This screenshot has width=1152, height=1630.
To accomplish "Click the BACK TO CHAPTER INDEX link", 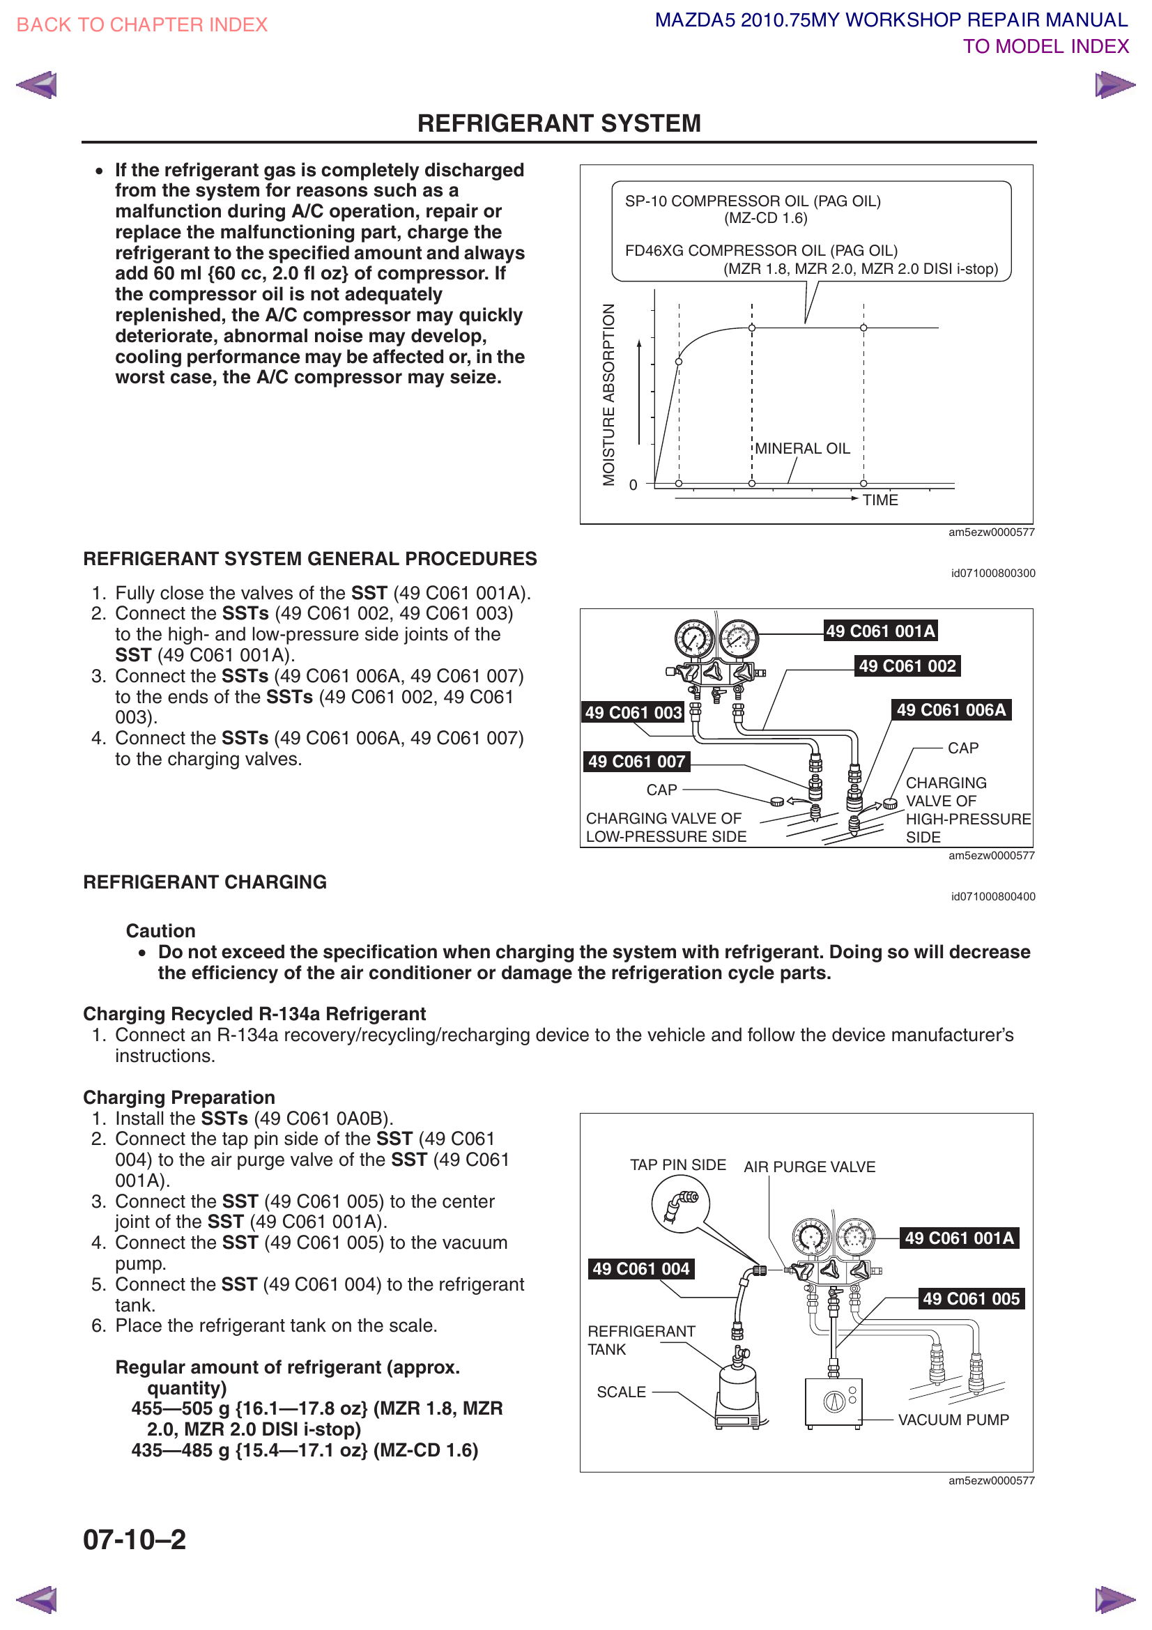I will (142, 25).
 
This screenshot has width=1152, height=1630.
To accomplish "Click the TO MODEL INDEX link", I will (1045, 47).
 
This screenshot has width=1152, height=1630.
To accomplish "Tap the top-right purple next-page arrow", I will (1114, 85).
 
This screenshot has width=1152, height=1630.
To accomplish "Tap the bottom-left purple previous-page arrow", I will (37, 1600).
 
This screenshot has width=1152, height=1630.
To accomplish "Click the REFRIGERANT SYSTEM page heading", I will (559, 123).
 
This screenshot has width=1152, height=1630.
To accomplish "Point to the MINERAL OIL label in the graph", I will (802, 449).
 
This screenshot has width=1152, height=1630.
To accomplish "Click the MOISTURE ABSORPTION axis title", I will (608, 394).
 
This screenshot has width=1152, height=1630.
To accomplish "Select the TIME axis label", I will (880, 500).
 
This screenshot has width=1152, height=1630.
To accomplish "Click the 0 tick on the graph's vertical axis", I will (633, 485).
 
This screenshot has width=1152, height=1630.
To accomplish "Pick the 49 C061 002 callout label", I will (907, 666).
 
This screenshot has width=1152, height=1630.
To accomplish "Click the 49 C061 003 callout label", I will (633, 713).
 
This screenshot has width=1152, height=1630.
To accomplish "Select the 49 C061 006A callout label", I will (951, 710).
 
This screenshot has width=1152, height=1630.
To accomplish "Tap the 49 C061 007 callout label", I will (637, 762).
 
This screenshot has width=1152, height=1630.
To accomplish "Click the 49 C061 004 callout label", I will (641, 1268).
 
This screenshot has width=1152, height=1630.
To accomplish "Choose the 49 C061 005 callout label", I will (971, 1298).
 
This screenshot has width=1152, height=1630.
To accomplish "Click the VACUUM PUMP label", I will (953, 1420).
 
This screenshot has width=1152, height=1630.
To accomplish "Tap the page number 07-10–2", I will (135, 1539).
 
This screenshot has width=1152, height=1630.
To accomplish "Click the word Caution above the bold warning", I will (160, 931).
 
